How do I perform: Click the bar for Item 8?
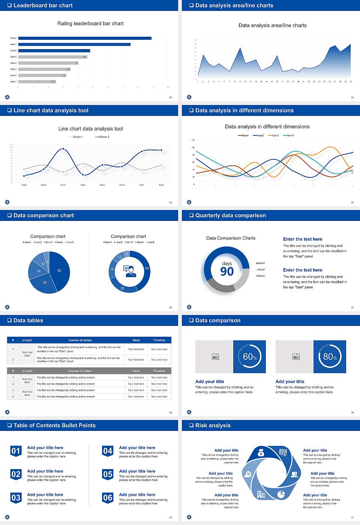(85, 38)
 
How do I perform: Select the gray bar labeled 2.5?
(37, 81)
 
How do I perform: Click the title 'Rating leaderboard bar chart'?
(90, 24)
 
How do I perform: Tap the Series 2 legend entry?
(102, 137)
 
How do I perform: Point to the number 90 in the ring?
(227, 271)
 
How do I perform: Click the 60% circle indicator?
(250, 357)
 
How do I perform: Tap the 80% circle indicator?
(330, 357)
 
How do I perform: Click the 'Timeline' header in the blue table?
(159, 340)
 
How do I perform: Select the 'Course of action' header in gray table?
(80, 371)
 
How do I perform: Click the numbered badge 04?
(108, 451)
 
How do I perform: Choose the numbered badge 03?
(16, 498)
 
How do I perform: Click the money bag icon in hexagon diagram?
(261, 453)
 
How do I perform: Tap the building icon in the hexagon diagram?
(261, 495)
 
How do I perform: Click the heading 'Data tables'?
(28, 321)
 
